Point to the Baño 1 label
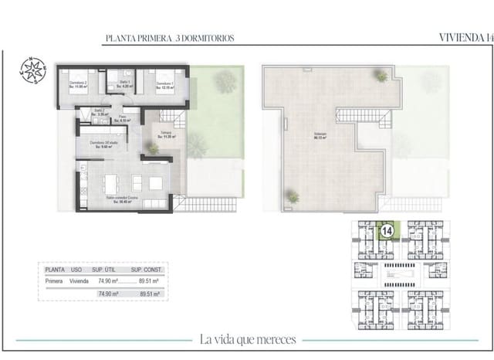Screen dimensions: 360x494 pos(123,84)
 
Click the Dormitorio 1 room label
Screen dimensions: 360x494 pos(165,84)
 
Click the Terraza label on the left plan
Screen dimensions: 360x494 pos(166,134)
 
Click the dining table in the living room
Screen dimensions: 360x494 pos(110,183)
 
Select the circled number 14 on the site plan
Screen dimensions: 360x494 pos(387,229)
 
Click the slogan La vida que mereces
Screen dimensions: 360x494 pos(247,339)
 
